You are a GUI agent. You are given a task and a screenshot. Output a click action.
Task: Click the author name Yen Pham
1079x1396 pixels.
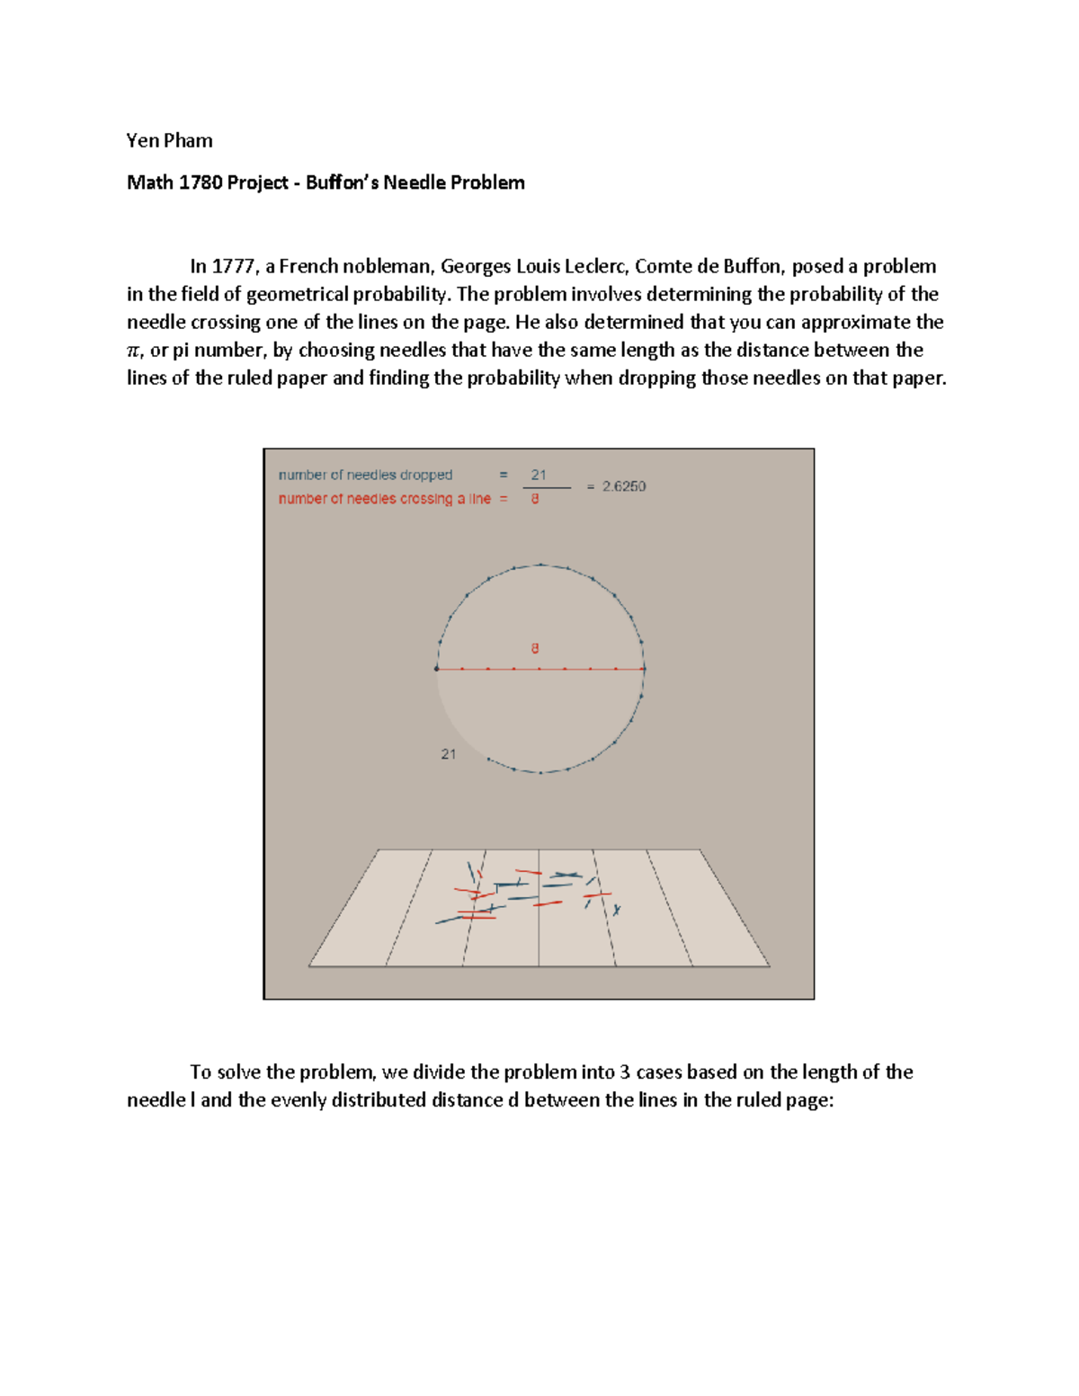[169, 140]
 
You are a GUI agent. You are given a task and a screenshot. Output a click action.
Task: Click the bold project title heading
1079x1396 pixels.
[325, 182]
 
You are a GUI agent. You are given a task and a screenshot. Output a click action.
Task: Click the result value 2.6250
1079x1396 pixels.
[623, 486]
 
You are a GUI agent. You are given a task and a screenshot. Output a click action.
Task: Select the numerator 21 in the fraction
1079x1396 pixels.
[538, 475]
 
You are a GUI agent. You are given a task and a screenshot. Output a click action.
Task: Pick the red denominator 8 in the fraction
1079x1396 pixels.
[535, 499]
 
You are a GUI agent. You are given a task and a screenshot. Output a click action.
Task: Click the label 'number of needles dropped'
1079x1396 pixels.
[365, 475]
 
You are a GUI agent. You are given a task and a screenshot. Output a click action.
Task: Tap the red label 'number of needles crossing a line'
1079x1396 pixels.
[384, 499]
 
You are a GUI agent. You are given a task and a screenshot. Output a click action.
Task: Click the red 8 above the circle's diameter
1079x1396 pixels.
[535, 648]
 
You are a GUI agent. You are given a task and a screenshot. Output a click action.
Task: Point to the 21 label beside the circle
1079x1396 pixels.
[448, 754]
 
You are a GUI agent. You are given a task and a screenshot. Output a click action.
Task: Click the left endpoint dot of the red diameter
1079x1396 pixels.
[437, 669]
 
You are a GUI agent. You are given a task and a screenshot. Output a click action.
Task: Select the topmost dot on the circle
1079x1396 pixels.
[540, 565]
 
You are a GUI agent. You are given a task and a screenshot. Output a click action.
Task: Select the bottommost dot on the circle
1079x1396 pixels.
[540, 772]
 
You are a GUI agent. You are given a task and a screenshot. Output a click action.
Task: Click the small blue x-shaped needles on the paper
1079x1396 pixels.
[617, 911]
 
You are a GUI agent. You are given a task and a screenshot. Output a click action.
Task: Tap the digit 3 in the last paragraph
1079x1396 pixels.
[625, 1071]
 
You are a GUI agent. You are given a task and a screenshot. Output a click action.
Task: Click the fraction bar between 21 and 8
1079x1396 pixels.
[547, 487]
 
